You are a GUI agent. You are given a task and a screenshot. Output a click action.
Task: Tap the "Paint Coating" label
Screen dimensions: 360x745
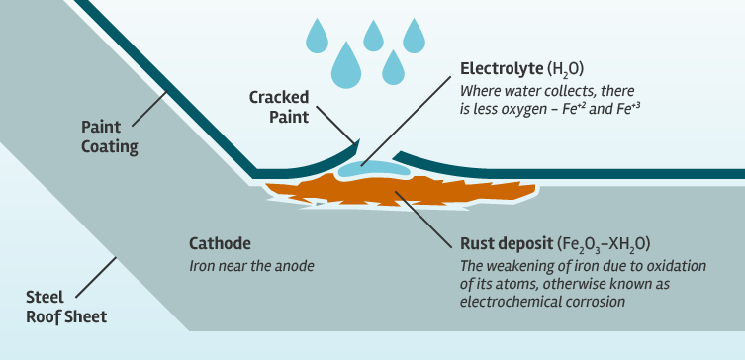click(x=109, y=136)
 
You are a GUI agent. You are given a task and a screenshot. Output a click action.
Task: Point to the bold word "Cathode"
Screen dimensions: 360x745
click(x=220, y=243)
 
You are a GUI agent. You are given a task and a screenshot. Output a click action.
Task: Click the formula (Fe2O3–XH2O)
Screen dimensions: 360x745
click(x=605, y=243)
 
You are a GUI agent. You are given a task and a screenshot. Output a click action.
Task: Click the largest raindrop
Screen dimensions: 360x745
click(x=347, y=62)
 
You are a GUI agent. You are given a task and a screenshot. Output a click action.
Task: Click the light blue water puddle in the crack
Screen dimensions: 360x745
click(x=372, y=170)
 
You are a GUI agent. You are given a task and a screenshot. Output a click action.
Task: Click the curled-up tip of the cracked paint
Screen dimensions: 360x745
click(x=354, y=142)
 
